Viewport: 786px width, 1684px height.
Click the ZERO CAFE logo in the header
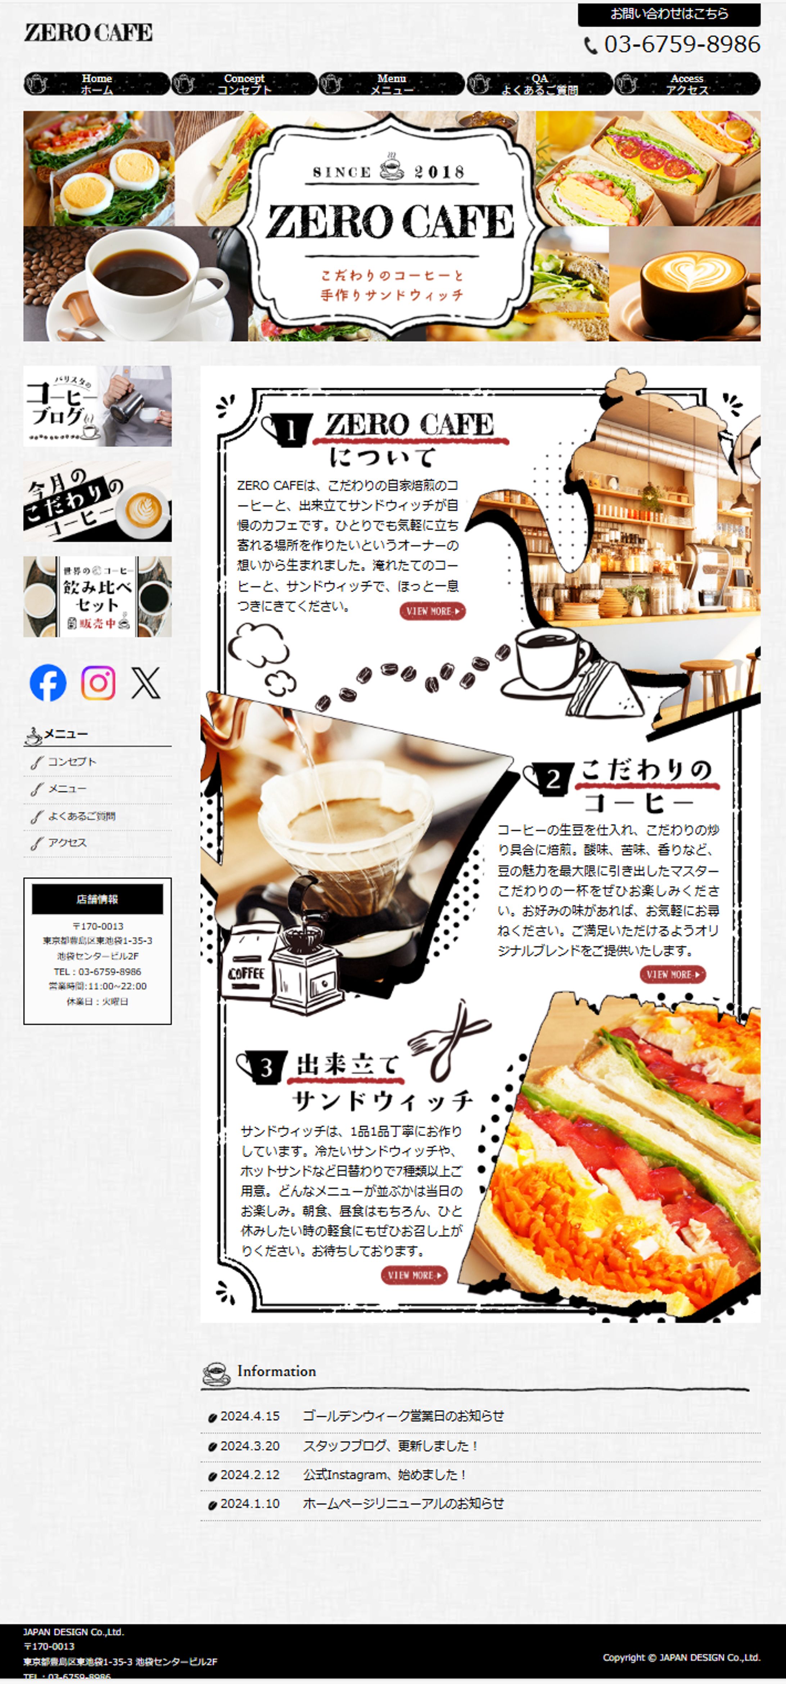point(88,33)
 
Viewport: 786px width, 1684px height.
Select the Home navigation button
point(97,84)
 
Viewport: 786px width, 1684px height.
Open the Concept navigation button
point(244,84)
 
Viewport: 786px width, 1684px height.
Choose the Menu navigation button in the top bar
point(392,84)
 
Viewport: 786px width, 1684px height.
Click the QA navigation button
point(540,84)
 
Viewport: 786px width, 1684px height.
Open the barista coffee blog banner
point(98,406)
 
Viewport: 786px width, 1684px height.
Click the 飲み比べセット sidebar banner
point(98,596)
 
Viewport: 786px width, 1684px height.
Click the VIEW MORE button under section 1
point(432,611)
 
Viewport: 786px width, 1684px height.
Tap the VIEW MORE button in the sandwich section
point(414,1275)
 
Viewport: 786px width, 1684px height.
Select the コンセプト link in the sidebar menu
point(72,762)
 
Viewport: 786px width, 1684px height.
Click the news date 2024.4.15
point(250,1416)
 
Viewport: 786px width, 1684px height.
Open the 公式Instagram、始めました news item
point(384,1475)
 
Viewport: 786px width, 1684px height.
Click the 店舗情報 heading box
point(98,899)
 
